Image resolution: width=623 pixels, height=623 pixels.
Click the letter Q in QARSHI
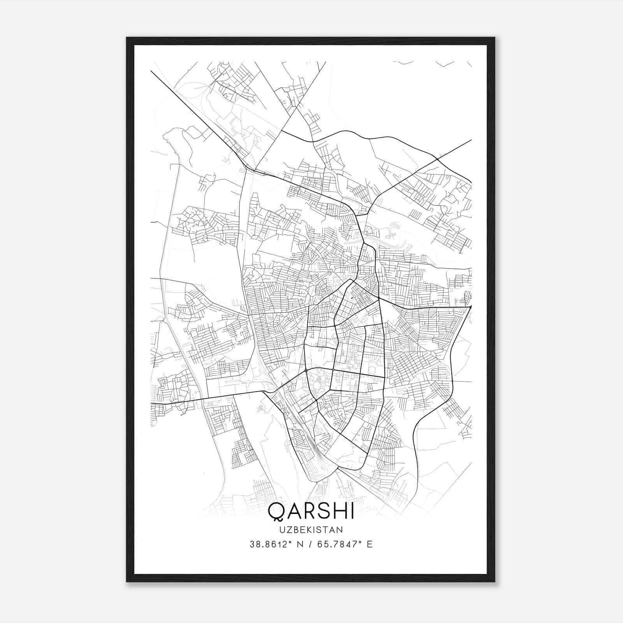point(276,511)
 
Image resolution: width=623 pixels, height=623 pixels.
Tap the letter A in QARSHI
point(293,511)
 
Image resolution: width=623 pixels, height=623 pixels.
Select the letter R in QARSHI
point(309,511)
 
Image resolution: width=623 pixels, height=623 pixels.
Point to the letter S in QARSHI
point(323,511)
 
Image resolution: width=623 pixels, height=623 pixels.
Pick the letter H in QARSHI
point(338,511)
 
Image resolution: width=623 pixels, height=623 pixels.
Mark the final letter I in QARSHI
point(352,511)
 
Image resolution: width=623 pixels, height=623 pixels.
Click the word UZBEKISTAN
point(311,530)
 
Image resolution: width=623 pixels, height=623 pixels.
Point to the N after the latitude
point(300,544)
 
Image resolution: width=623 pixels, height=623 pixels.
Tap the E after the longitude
point(370,544)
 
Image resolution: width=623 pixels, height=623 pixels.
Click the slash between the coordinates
point(310,544)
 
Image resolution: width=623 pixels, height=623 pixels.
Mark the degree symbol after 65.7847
point(360,542)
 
